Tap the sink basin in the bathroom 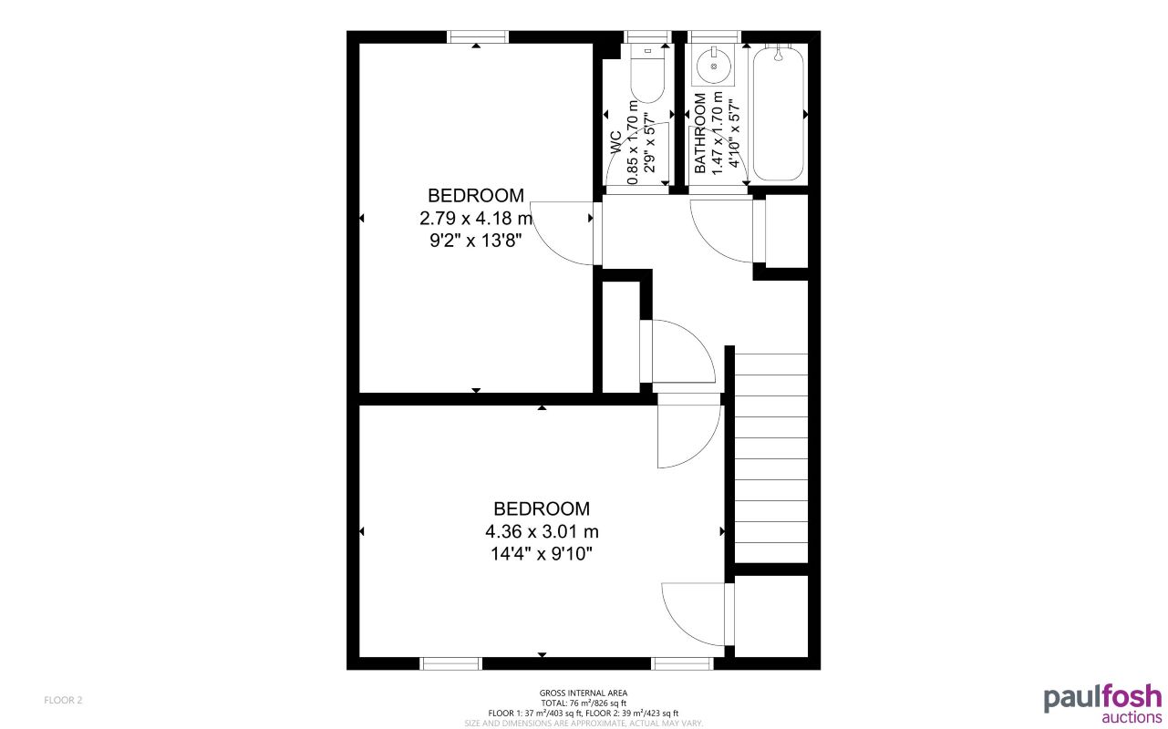coord(713,66)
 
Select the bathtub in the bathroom coord(778,113)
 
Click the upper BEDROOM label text coord(476,195)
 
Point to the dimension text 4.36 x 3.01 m coord(542,531)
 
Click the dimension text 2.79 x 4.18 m coord(476,219)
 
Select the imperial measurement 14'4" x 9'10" coord(542,554)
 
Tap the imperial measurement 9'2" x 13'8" coord(476,241)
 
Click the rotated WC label coord(616,142)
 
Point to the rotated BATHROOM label coord(700,133)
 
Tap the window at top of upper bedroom coord(477,36)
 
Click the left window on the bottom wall coord(450,663)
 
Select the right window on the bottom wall coord(682,663)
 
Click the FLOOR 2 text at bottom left coord(64,700)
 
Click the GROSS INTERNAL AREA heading coord(583,693)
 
